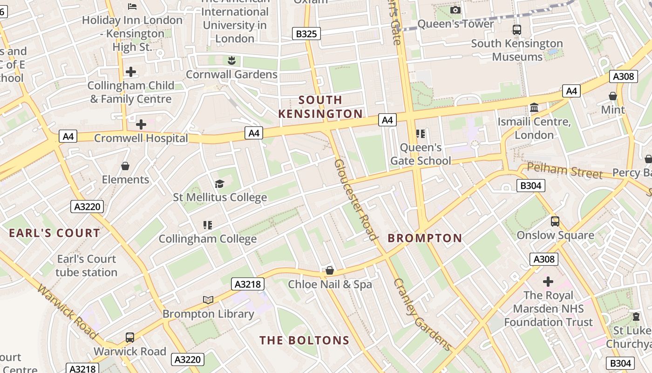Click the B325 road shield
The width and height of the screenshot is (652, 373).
[306, 34]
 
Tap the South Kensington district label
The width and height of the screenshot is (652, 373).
[320, 107]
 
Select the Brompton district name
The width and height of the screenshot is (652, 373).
[425, 238]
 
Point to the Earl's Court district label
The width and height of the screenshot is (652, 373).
[54, 233]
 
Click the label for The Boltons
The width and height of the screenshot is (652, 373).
[304, 340]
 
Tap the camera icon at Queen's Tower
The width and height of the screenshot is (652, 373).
[455, 10]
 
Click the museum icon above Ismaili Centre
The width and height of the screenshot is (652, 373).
[534, 108]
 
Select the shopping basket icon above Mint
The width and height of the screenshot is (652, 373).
[613, 96]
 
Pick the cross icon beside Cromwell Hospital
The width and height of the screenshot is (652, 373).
[141, 124]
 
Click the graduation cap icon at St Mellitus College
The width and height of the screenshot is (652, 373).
[219, 184]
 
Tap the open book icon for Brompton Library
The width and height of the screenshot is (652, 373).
[208, 300]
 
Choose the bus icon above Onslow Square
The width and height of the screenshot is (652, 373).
[555, 221]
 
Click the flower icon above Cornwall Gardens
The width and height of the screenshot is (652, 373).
[231, 61]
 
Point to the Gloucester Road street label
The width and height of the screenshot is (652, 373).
[355, 200]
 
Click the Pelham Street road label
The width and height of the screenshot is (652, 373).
[564, 171]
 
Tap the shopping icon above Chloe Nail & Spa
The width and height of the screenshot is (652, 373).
[330, 270]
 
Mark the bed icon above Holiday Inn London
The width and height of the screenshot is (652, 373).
[132, 7]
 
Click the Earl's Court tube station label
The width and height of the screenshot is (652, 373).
[86, 265]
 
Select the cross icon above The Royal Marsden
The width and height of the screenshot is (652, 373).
[548, 282]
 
